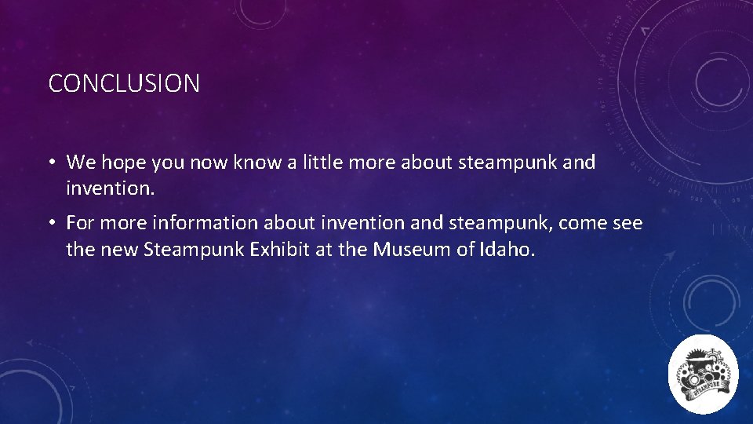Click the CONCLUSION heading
coord(124,83)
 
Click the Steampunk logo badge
coord(704,374)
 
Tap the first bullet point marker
coord(50,163)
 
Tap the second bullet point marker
coord(50,224)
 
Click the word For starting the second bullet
coord(82,224)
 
